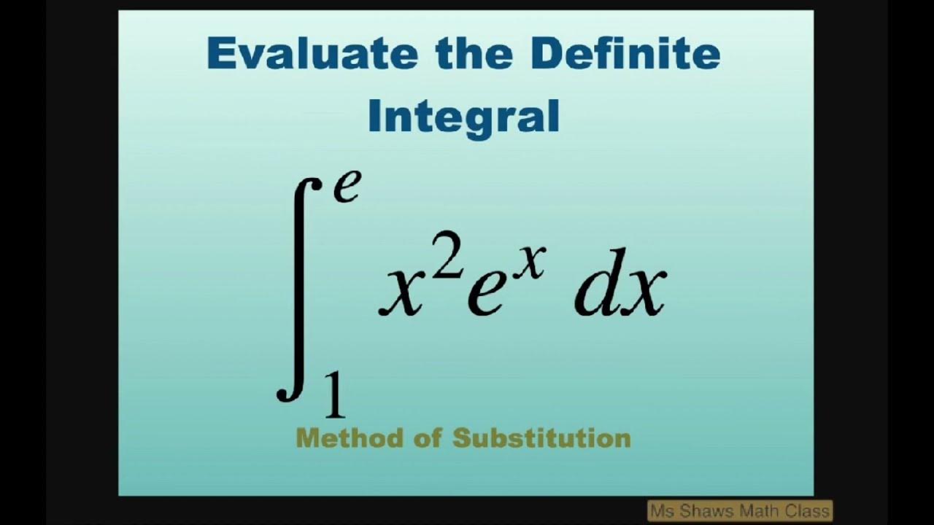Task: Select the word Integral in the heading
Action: [464, 117]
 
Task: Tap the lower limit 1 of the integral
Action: [334, 396]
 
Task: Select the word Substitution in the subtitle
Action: [541, 438]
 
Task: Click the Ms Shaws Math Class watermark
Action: [739, 511]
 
